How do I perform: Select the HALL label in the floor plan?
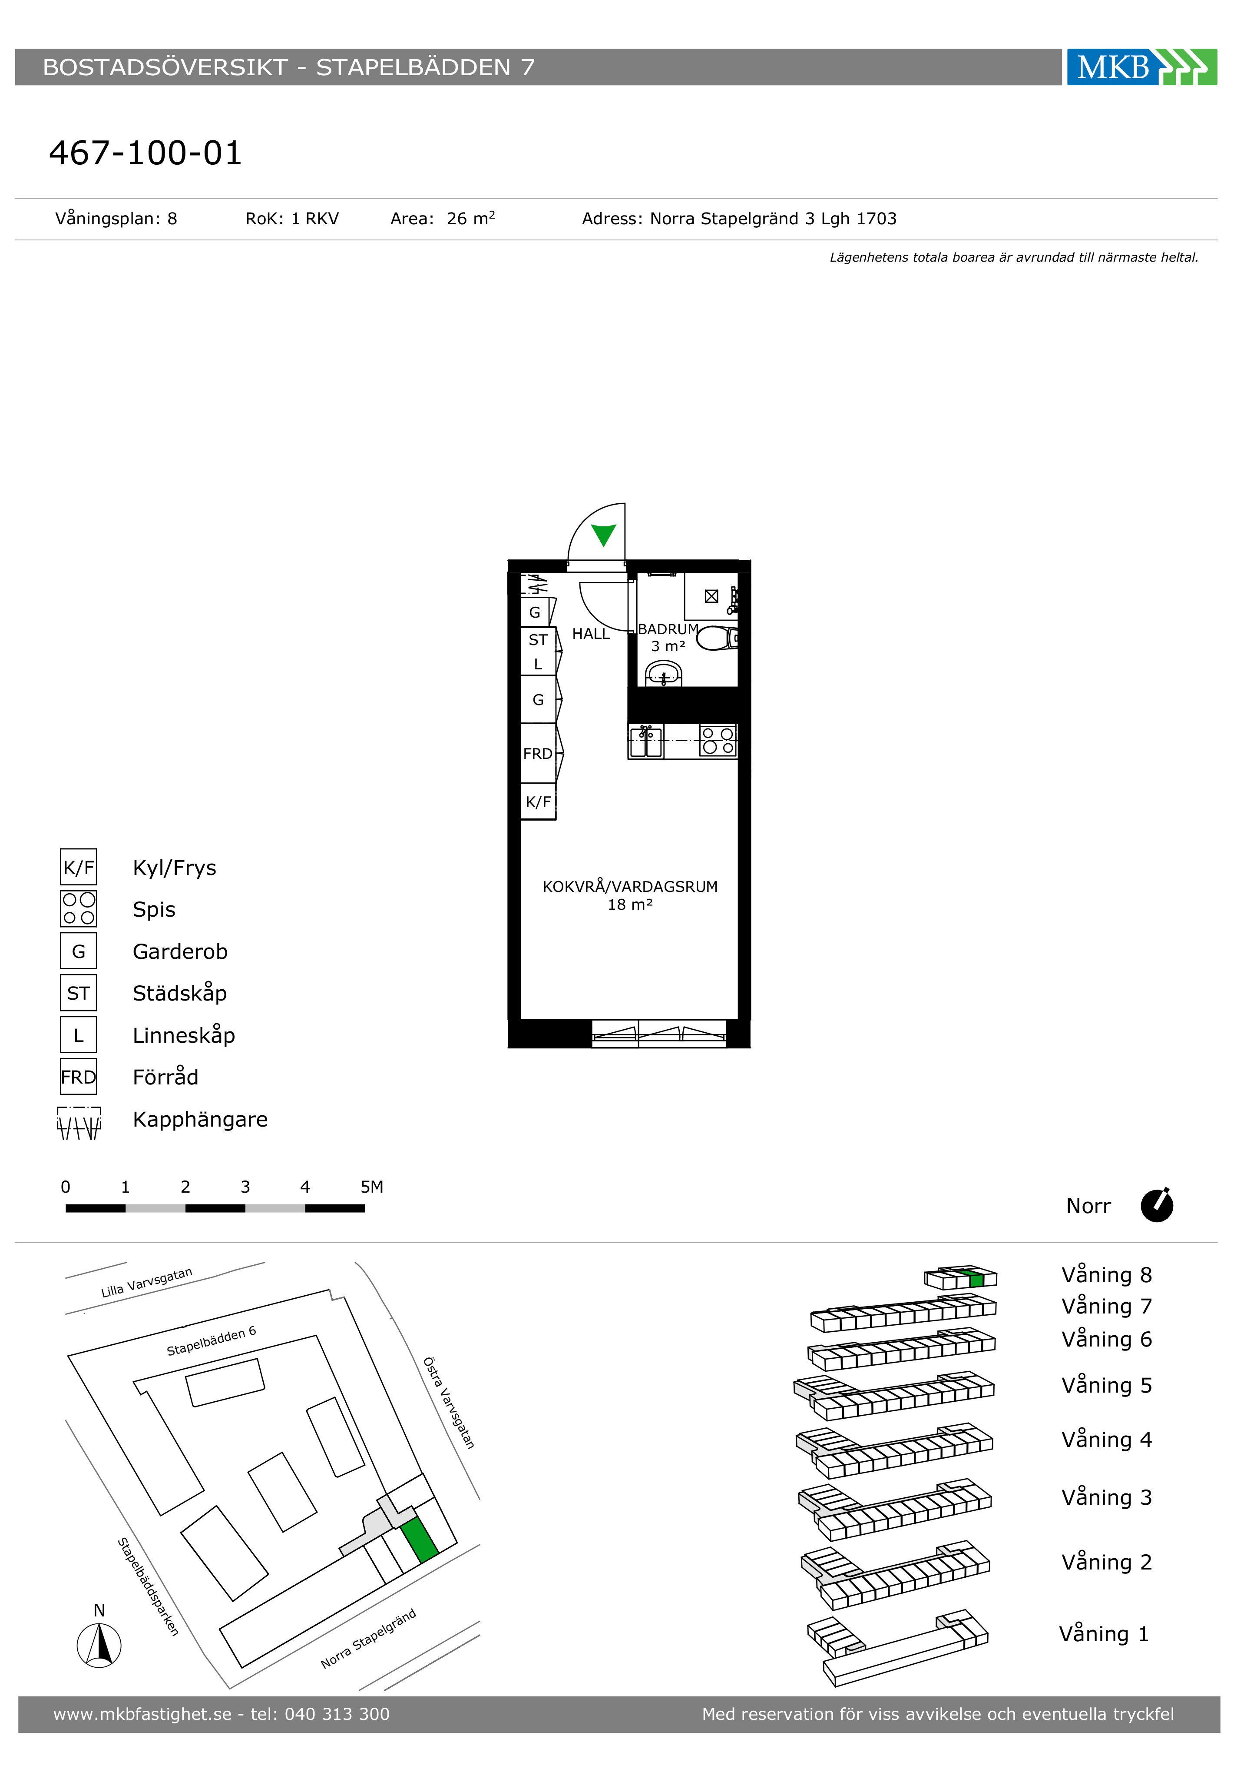tap(591, 634)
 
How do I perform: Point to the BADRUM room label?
tap(668, 629)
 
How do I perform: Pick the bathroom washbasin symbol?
tap(664, 674)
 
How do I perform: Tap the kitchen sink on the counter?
tap(646, 741)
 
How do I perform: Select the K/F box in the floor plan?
tap(538, 802)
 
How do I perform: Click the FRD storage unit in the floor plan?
tap(538, 753)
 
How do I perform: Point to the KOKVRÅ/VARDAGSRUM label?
tap(630, 886)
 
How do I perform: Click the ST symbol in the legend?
tap(78, 993)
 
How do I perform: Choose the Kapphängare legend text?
tap(200, 1120)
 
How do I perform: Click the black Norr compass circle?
tap(1157, 1206)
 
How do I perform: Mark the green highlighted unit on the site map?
tap(419, 1540)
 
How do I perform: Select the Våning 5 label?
tap(1107, 1385)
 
